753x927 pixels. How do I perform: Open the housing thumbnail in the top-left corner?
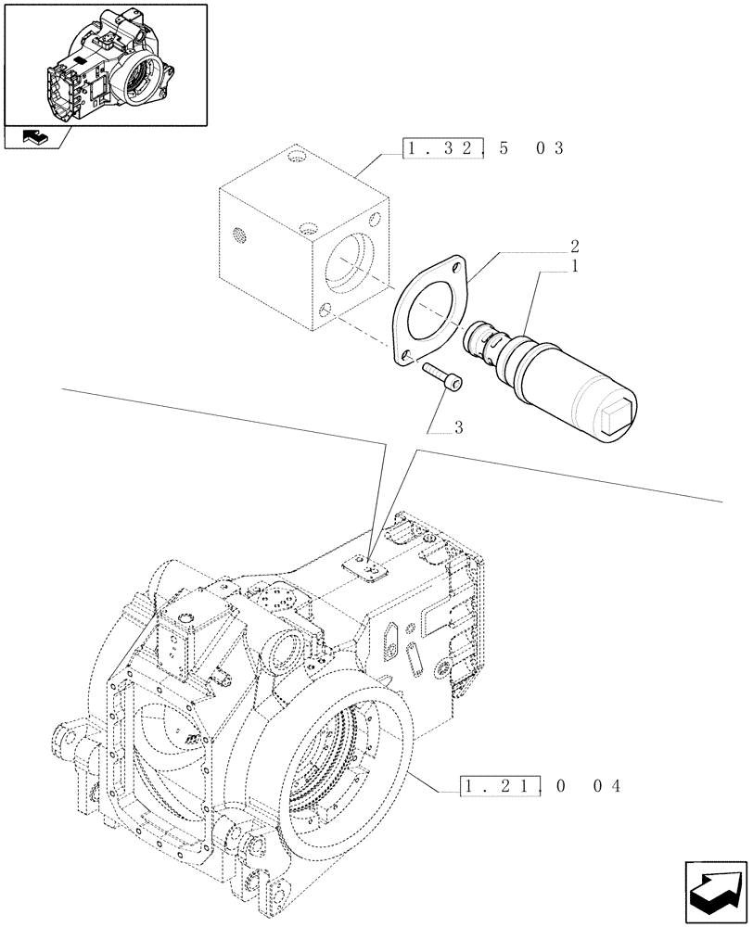105,64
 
